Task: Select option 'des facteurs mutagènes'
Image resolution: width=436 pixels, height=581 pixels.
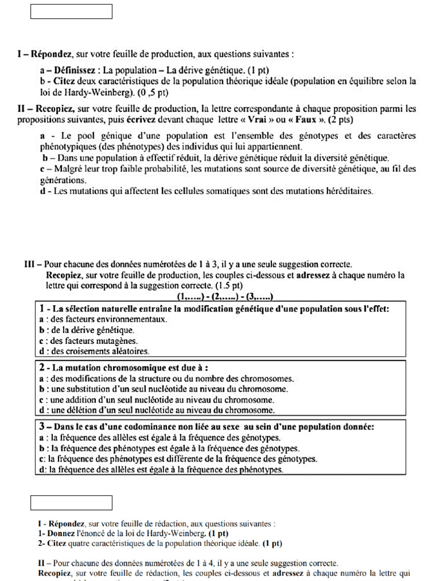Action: pos(94,341)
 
